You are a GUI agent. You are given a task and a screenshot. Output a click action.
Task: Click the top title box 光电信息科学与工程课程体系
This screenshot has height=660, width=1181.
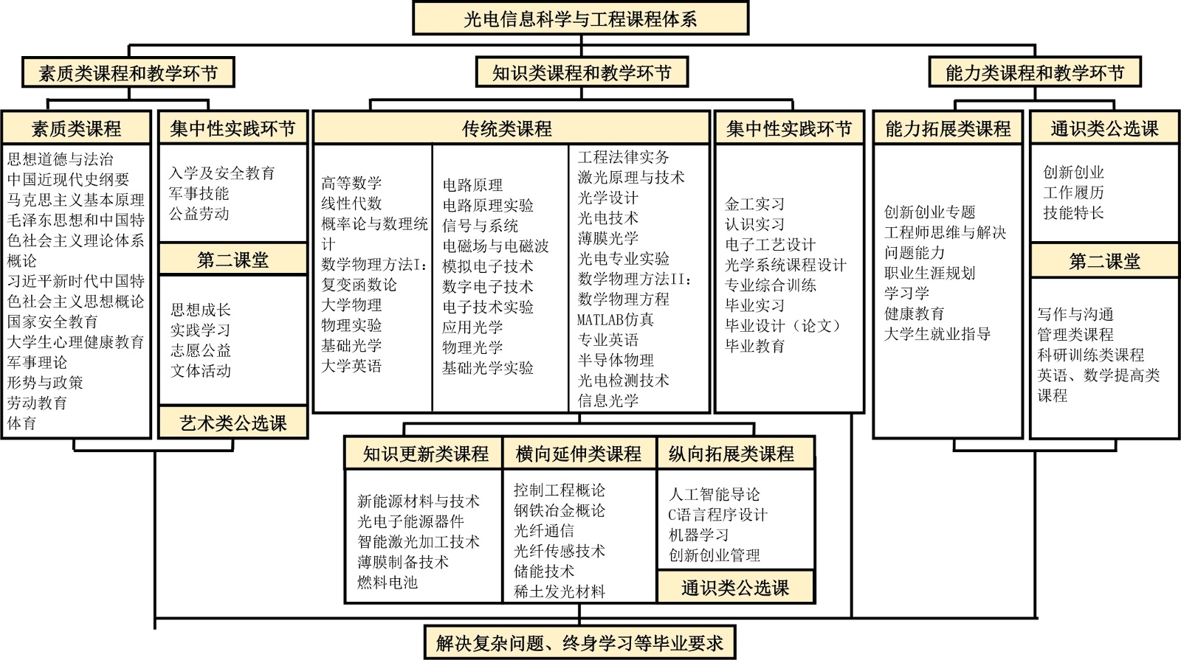580,18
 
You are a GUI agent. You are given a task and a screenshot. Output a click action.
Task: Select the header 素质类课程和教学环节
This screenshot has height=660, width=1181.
128,73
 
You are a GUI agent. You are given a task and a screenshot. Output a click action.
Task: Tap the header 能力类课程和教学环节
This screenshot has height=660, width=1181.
1035,73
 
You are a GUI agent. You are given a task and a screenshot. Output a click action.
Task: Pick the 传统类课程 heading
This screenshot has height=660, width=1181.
507,129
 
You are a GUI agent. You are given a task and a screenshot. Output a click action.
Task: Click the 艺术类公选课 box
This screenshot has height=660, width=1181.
233,423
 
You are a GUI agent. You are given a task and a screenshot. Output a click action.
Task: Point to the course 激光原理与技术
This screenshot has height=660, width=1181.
631,178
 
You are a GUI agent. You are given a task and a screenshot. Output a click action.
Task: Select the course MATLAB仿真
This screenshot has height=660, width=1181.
616,320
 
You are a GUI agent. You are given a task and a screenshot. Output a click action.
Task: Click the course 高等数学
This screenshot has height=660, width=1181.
351,183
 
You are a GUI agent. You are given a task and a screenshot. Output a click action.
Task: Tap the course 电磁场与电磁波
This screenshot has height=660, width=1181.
495,246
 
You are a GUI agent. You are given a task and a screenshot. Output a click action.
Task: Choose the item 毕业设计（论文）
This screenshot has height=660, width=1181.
783,326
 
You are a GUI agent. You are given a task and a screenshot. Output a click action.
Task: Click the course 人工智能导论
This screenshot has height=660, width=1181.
714,495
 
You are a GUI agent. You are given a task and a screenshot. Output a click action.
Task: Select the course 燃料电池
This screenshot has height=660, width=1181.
388,583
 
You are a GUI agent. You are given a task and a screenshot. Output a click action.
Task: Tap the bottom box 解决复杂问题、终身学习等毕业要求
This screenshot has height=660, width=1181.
579,643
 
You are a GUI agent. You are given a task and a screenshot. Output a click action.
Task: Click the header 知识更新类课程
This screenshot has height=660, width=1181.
425,454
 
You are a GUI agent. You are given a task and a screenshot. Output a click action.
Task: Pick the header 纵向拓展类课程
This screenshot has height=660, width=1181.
731,454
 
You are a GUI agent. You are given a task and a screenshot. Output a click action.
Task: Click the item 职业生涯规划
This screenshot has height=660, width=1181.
929,274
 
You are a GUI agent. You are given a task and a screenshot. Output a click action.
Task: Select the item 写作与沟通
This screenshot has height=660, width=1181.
1075,315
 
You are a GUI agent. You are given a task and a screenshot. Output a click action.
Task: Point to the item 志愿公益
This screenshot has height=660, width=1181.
201,350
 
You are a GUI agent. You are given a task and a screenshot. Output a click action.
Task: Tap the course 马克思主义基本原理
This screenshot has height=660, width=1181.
76,200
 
